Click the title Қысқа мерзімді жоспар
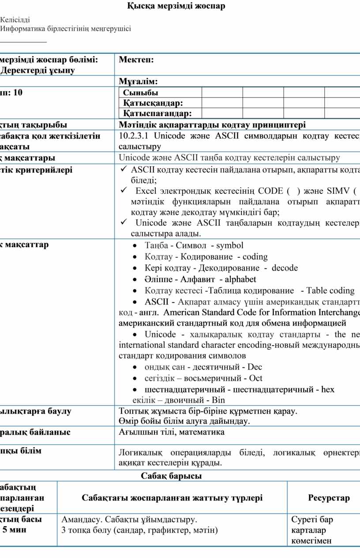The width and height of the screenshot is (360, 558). click(x=176, y=6)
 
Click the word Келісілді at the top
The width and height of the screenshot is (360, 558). click(x=15, y=20)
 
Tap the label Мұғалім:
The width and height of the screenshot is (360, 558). click(x=138, y=81)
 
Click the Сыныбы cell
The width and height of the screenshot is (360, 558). click(x=140, y=93)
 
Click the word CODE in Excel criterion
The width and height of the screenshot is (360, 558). click(x=270, y=191)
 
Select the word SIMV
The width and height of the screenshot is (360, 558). click(x=338, y=191)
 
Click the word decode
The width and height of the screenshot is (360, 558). click(x=285, y=268)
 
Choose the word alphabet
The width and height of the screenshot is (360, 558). click(x=240, y=279)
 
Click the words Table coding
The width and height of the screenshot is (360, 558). click(x=330, y=290)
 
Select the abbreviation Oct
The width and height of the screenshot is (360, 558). click(x=255, y=378)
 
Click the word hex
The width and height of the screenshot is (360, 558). click(x=328, y=389)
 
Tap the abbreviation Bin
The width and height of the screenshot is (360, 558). click(x=218, y=400)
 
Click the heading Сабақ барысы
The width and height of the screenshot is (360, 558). click(x=171, y=476)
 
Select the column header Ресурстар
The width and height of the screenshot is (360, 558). click(x=329, y=498)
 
